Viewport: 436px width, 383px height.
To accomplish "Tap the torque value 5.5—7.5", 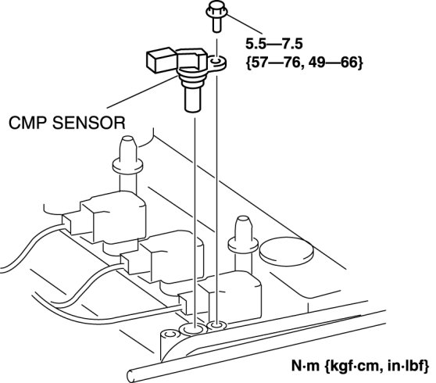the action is pyautogui.click(x=274, y=44).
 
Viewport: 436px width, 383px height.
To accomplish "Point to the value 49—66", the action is pyautogui.click(x=333, y=63).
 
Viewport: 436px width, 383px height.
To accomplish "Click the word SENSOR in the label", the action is pyautogui.click(x=89, y=123).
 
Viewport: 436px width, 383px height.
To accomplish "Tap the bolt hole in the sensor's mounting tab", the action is pyautogui.click(x=216, y=61).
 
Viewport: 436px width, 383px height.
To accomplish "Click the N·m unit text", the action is pyautogui.click(x=306, y=366).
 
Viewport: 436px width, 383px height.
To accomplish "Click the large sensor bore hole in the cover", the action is pyautogui.click(x=193, y=330).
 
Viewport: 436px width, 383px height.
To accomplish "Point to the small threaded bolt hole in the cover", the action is pyautogui.click(x=217, y=324).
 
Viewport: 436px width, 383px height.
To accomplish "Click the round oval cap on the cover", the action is pyautogui.click(x=287, y=252).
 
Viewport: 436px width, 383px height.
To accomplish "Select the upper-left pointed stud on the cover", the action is pyautogui.click(x=127, y=156).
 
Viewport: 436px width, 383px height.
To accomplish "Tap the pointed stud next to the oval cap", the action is pyautogui.click(x=243, y=234).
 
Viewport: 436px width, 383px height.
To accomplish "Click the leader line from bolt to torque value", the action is pyautogui.click(x=245, y=23).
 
